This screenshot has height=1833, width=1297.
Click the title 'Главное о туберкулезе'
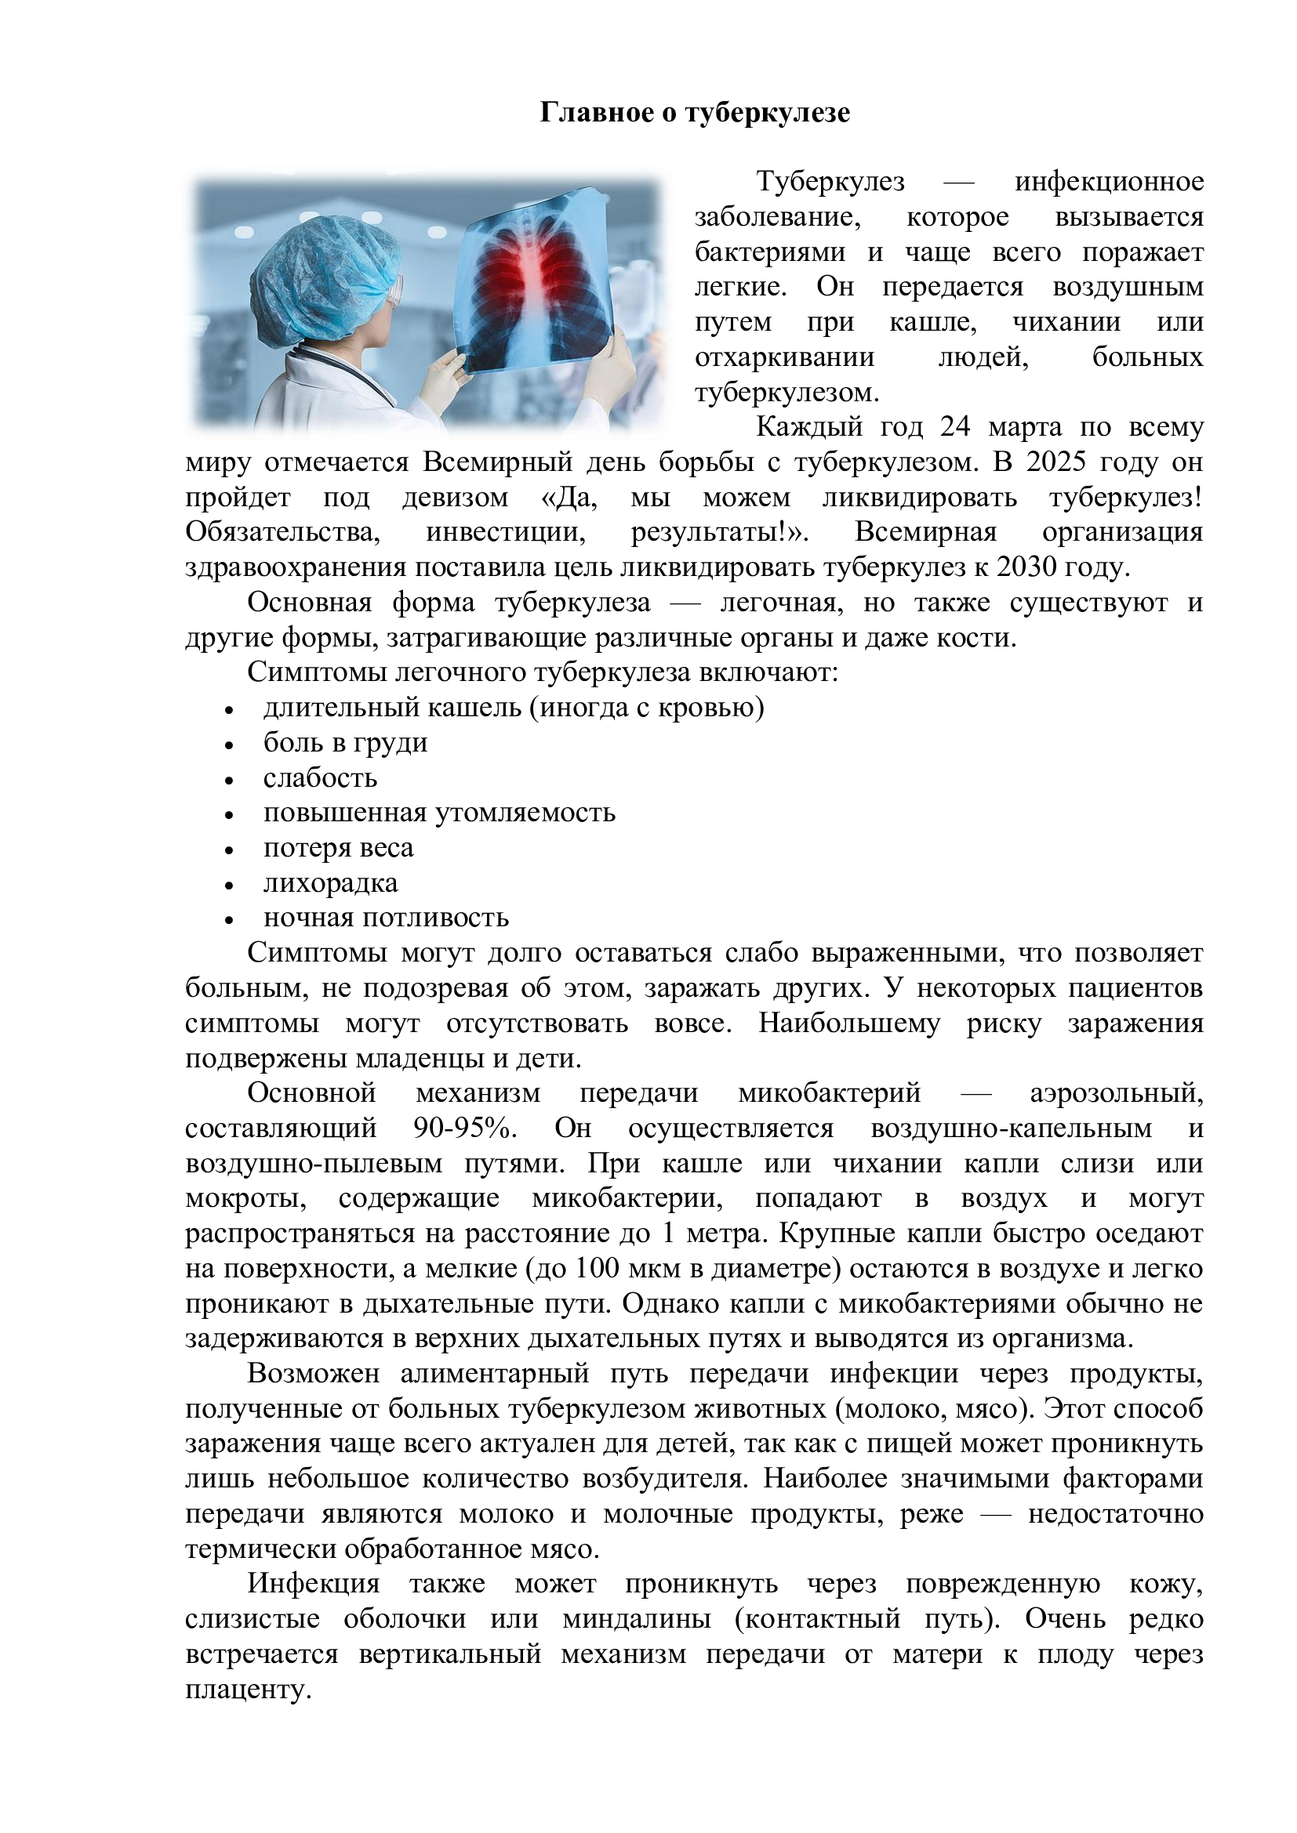[x=695, y=113]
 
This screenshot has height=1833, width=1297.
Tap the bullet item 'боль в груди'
[x=345, y=743]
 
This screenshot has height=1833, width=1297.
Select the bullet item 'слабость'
[x=319, y=778]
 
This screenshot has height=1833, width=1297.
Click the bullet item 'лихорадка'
[x=330, y=884]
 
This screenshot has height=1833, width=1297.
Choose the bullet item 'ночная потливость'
[x=386, y=919]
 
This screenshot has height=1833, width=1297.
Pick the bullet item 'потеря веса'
[x=338, y=849]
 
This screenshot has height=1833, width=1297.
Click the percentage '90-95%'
[x=466, y=1128]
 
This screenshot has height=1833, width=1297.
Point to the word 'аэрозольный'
[x=1116, y=1094]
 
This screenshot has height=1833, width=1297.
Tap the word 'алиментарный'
[x=494, y=1374]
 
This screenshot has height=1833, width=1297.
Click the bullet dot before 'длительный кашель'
[x=229, y=710]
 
